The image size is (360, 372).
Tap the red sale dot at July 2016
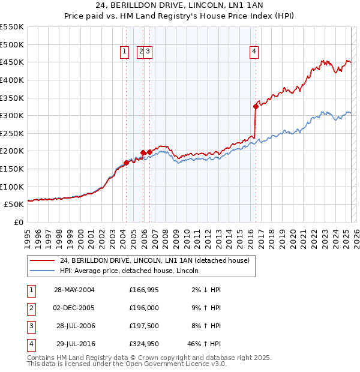click(x=256, y=107)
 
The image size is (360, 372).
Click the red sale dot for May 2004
click(x=126, y=163)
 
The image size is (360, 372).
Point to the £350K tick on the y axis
click(x=13, y=98)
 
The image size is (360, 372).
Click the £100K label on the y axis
click(x=13, y=187)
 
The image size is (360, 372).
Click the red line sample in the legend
click(x=41, y=260)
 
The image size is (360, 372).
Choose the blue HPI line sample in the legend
click(x=41, y=271)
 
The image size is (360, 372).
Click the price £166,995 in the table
click(x=142, y=290)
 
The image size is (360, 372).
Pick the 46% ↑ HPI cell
click(x=204, y=344)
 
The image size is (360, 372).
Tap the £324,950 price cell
click(x=142, y=344)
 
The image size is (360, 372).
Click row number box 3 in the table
click(x=31, y=326)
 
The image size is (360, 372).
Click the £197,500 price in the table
click(x=142, y=326)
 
